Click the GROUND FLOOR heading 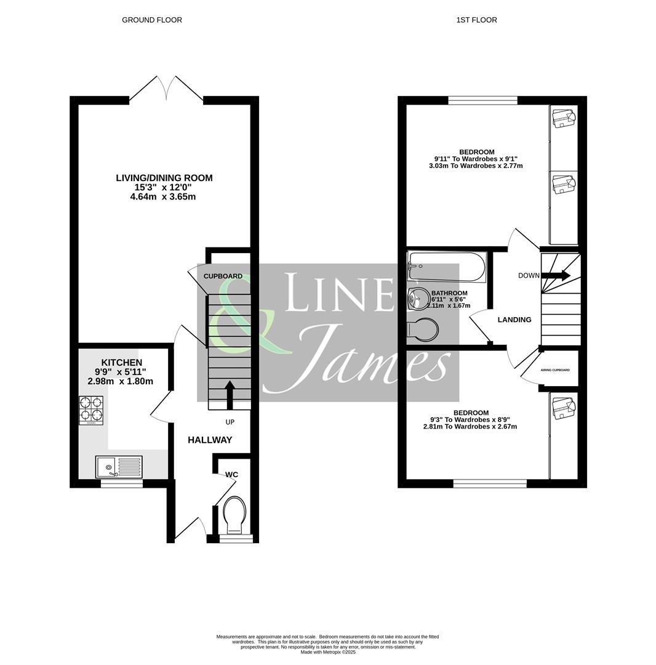pyautogui.click(x=151, y=20)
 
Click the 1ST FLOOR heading pyautogui.click(x=476, y=20)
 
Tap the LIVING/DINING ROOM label pyautogui.click(x=164, y=178)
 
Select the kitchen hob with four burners pyautogui.click(x=91, y=410)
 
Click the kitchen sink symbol pyautogui.click(x=119, y=467)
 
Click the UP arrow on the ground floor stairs pyautogui.click(x=230, y=395)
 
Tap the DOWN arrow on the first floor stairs pyautogui.click(x=556, y=275)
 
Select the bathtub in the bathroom pyautogui.click(x=447, y=267)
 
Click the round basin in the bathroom pyautogui.click(x=418, y=299)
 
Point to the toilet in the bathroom pyautogui.click(x=423, y=329)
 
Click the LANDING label pyautogui.click(x=514, y=320)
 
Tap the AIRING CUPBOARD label pyautogui.click(x=555, y=370)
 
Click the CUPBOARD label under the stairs pyautogui.click(x=223, y=276)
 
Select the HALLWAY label pyautogui.click(x=210, y=440)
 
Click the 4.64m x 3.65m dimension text pyautogui.click(x=163, y=197)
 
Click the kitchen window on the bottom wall pyautogui.click(x=121, y=484)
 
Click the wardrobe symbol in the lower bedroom pyautogui.click(x=563, y=408)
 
